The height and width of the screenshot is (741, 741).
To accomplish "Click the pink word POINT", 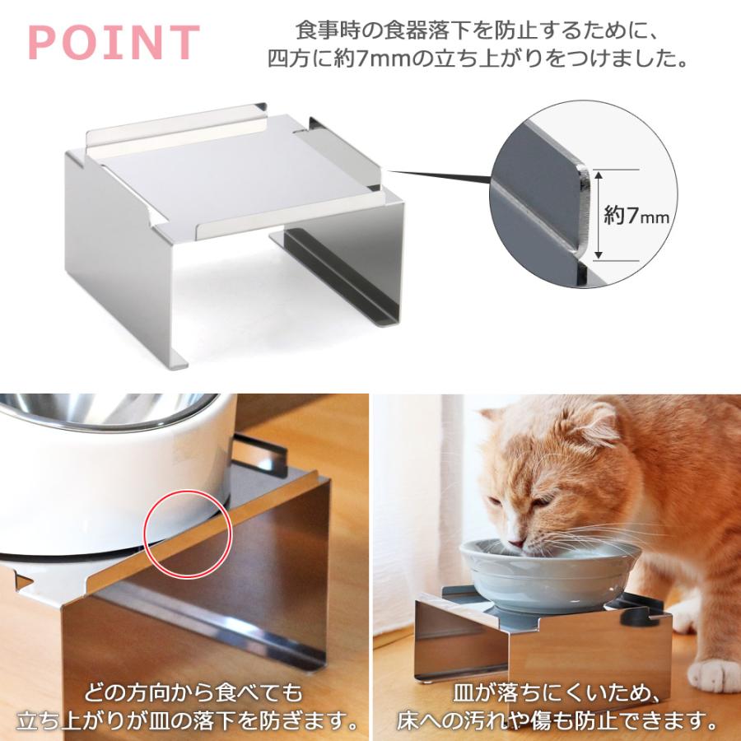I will point(114,43).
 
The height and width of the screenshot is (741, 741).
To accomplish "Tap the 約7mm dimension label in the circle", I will point(636,216).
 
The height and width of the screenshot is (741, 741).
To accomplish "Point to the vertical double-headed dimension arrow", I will point(599,215).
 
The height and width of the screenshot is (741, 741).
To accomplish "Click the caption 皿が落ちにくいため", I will point(557,690).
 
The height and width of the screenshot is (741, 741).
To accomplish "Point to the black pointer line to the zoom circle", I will point(436,175).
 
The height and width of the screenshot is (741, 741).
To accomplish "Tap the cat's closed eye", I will point(536,503).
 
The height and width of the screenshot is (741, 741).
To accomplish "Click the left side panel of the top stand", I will point(119,255).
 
